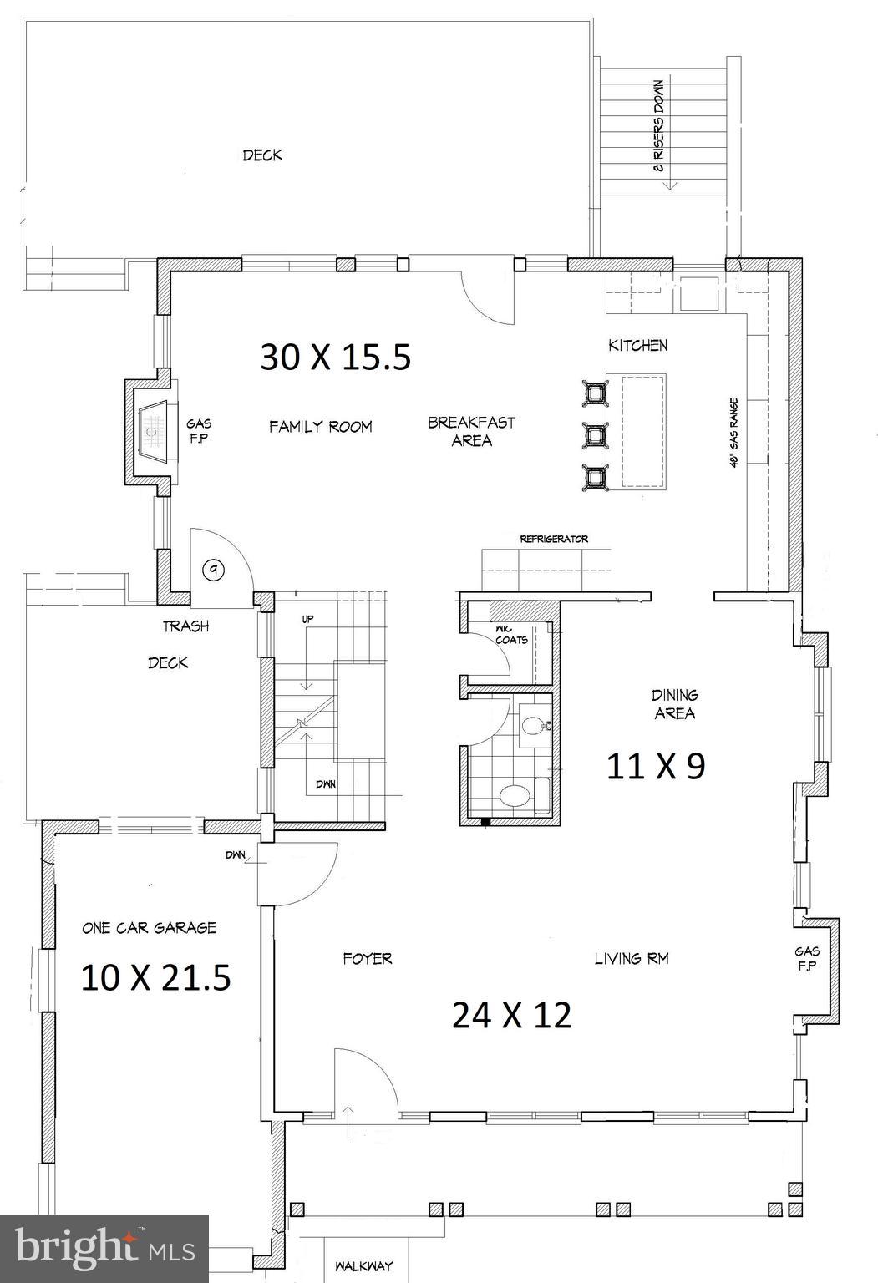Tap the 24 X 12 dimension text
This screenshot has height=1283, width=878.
click(x=511, y=1015)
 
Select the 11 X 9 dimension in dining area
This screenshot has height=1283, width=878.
click(x=655, y=765)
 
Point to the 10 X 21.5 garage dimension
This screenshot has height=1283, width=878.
click(x=155, y=977)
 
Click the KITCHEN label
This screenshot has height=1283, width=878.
click(x=637, y=345)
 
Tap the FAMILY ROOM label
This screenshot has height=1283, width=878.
click(x=320, y=427)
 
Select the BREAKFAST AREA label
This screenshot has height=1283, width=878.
click(x=471, y=431)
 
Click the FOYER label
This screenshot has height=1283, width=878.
click(x=367, y=958)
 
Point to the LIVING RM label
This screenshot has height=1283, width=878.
click(x=631, y=958)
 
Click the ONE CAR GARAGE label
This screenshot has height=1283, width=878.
click(x=149, y=927)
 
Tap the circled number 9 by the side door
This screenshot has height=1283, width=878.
click(x=215, y=571)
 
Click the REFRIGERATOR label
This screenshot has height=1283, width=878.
click(x=554, y=540)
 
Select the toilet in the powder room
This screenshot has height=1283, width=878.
click(x=514, y=794)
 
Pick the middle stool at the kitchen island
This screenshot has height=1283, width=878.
click(x=596, y=434)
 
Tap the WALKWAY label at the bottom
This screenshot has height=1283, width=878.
click(x=363, y=1266)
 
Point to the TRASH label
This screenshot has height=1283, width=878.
click(x=185, y=626)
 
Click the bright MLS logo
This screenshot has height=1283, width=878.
click(x=104, y=1248)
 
